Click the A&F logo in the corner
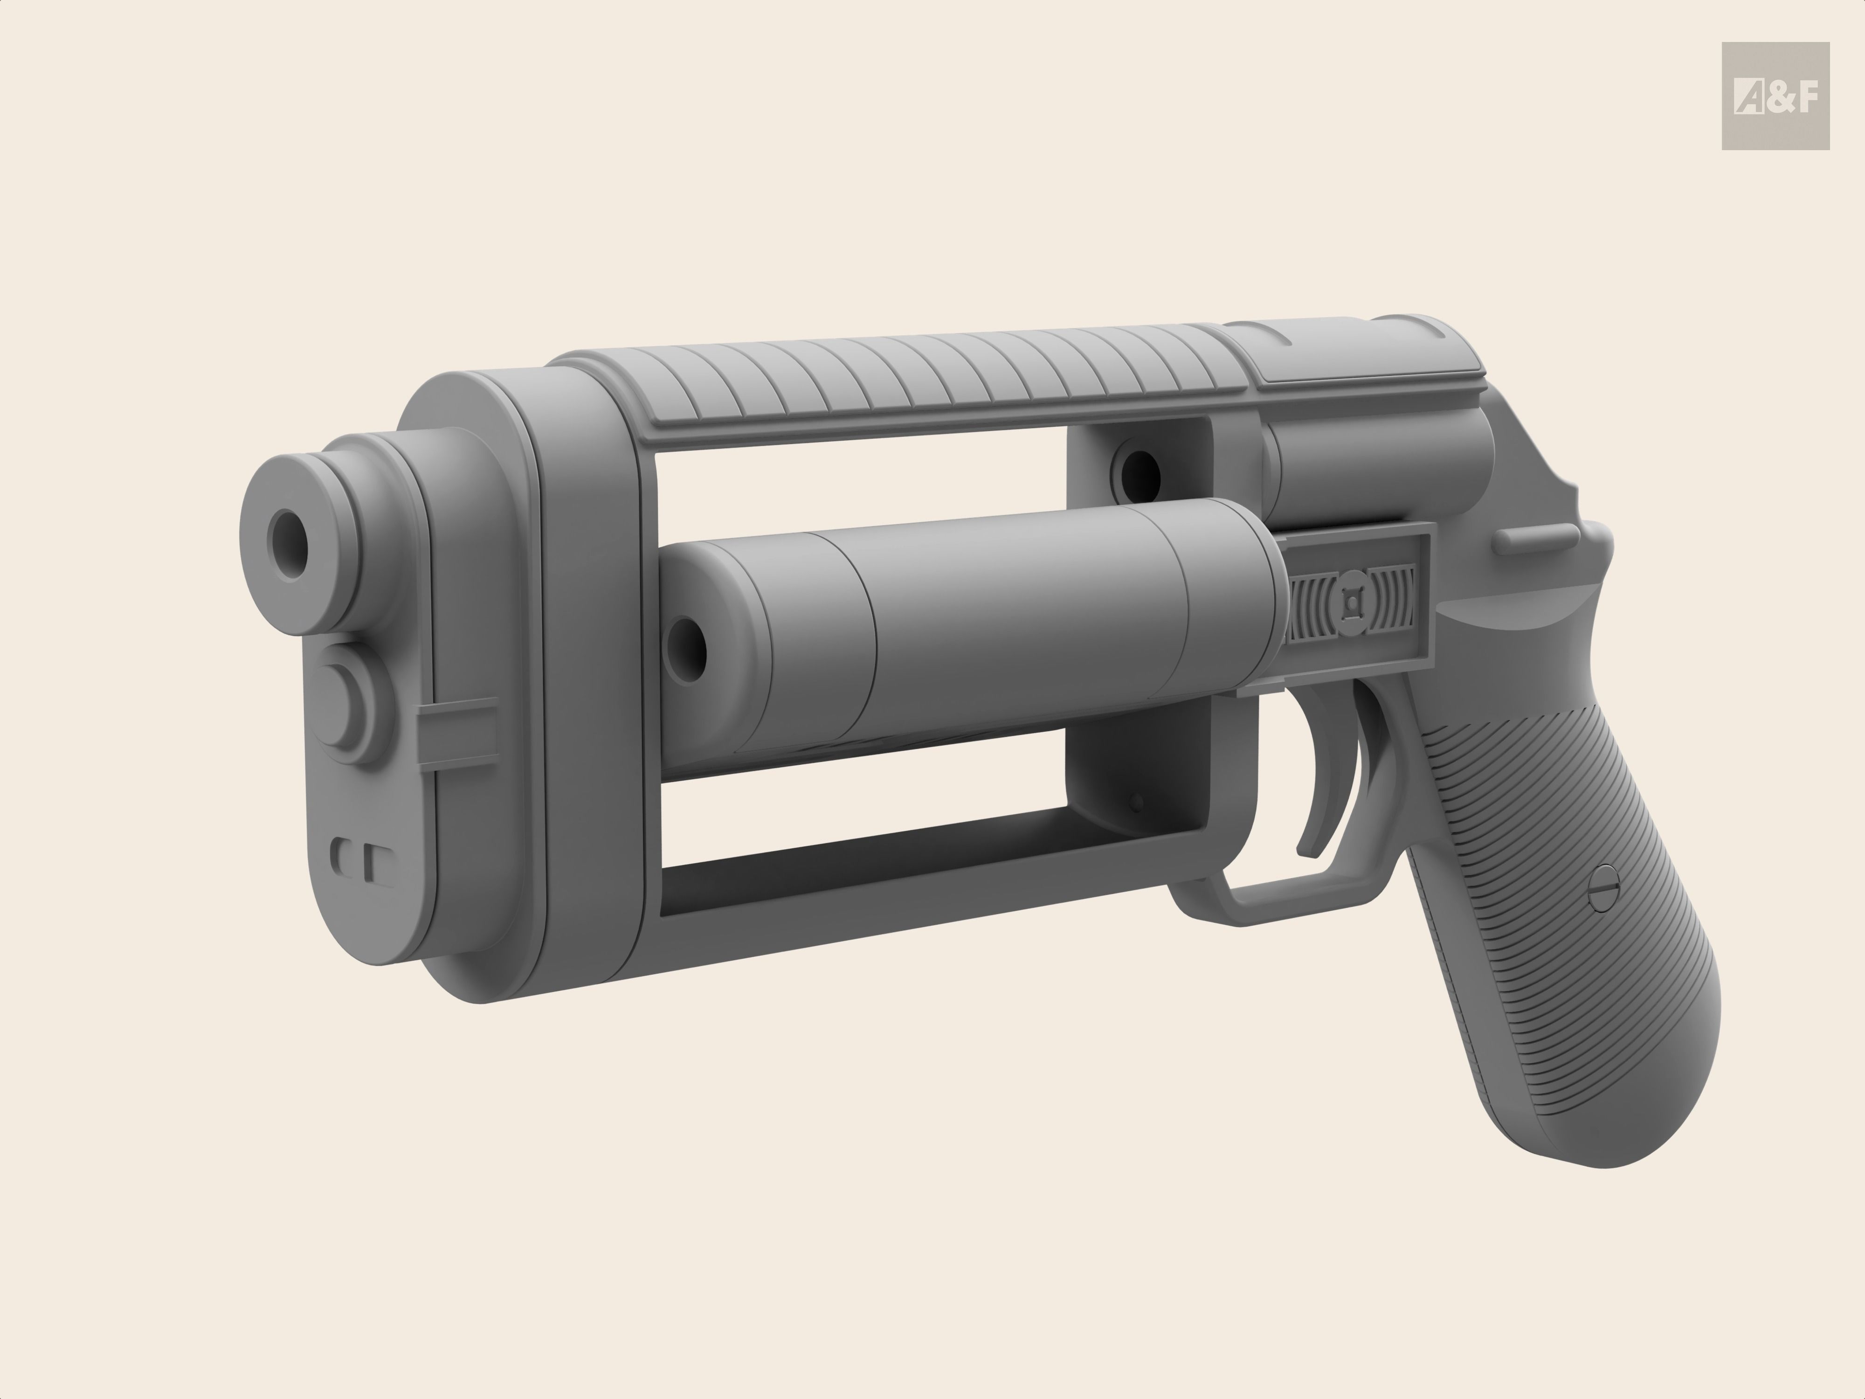pyautogui.click(x=1775, y=96)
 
